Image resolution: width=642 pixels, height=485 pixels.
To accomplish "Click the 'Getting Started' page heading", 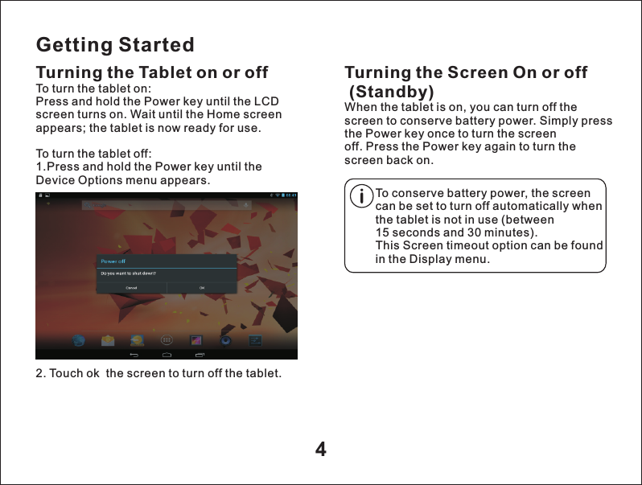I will coord(115,44).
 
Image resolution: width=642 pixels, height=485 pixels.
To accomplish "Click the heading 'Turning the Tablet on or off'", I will coord(152,73).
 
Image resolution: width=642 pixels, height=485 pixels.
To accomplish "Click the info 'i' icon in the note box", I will coord(363,195).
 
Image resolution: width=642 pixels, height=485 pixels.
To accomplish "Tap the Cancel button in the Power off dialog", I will coord(130,287).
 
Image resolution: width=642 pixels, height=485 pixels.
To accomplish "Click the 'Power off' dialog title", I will coord(113,261).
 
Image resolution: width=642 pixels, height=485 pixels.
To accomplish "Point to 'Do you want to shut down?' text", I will coord(127,273).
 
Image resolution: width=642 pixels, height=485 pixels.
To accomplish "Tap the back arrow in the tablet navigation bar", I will coord(134,354).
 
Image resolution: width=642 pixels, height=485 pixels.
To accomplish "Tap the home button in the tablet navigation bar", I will coord(167,354).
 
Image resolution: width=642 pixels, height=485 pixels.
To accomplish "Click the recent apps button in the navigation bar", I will coord(200,354).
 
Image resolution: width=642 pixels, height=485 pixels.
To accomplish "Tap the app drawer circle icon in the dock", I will coord(167,340).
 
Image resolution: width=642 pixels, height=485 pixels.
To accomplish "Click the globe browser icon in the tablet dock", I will coord(79,340).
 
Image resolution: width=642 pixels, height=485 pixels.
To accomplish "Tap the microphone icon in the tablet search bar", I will coord(246,206).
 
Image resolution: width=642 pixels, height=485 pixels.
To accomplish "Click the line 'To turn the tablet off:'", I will coord(94,154).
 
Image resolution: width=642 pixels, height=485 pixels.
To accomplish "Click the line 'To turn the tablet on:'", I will coord(94,88).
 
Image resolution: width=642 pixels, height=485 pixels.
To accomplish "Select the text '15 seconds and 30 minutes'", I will coord(455,232).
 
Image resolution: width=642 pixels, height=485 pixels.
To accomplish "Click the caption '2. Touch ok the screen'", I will coord(158,374).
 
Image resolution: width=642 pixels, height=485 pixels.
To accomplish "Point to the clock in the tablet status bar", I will coord(290,195).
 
